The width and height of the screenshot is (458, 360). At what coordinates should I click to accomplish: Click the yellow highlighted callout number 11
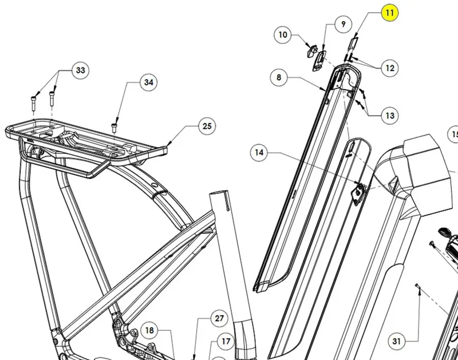pyautogui.click(x=390, y=13)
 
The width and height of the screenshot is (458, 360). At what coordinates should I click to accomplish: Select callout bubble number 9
pyautogui.click(x=343, y=24)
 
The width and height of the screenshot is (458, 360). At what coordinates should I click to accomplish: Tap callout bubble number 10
pyautogui.click(x=282, y=35)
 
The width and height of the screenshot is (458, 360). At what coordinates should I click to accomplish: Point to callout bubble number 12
pyautogui.click(x=390, y=68)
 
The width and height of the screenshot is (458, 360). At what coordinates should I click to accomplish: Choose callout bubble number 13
pyautogui.click(x=390, y=116)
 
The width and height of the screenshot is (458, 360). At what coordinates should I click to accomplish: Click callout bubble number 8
pyautogui.click(x=279, y=77)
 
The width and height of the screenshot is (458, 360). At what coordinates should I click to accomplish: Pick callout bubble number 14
pyautogui.click(x=259, y=152)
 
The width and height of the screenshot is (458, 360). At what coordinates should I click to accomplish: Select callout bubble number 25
pyautogui.click(x=207, y=126)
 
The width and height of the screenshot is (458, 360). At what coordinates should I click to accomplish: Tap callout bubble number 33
pyautogui.click(x=80, y=70)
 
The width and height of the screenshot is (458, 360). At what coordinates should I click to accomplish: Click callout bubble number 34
pyautogui.click(x=149, y=82)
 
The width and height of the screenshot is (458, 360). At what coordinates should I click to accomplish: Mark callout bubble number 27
pyautogui.click(x=219, y=318)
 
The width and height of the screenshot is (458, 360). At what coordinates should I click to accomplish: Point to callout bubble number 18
pyautogui.click(x=149, y=330)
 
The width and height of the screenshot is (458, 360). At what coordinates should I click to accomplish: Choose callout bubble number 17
pyautogui.click(x=226, y=341)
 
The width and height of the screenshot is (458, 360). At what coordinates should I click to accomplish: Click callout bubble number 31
pyautogui.click(x=396, y=341)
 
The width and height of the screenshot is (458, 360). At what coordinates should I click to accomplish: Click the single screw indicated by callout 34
pyautogui.click(x=114, y=128)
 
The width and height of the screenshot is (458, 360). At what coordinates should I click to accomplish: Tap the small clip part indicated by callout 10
pyautogui.click(x=311, y=51)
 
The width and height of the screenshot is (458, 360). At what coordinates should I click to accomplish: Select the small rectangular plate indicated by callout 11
pyautogui.click(x=353, y=43)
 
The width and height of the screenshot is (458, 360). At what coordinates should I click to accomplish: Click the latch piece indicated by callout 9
pyautogui.click(x=319, y=61)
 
